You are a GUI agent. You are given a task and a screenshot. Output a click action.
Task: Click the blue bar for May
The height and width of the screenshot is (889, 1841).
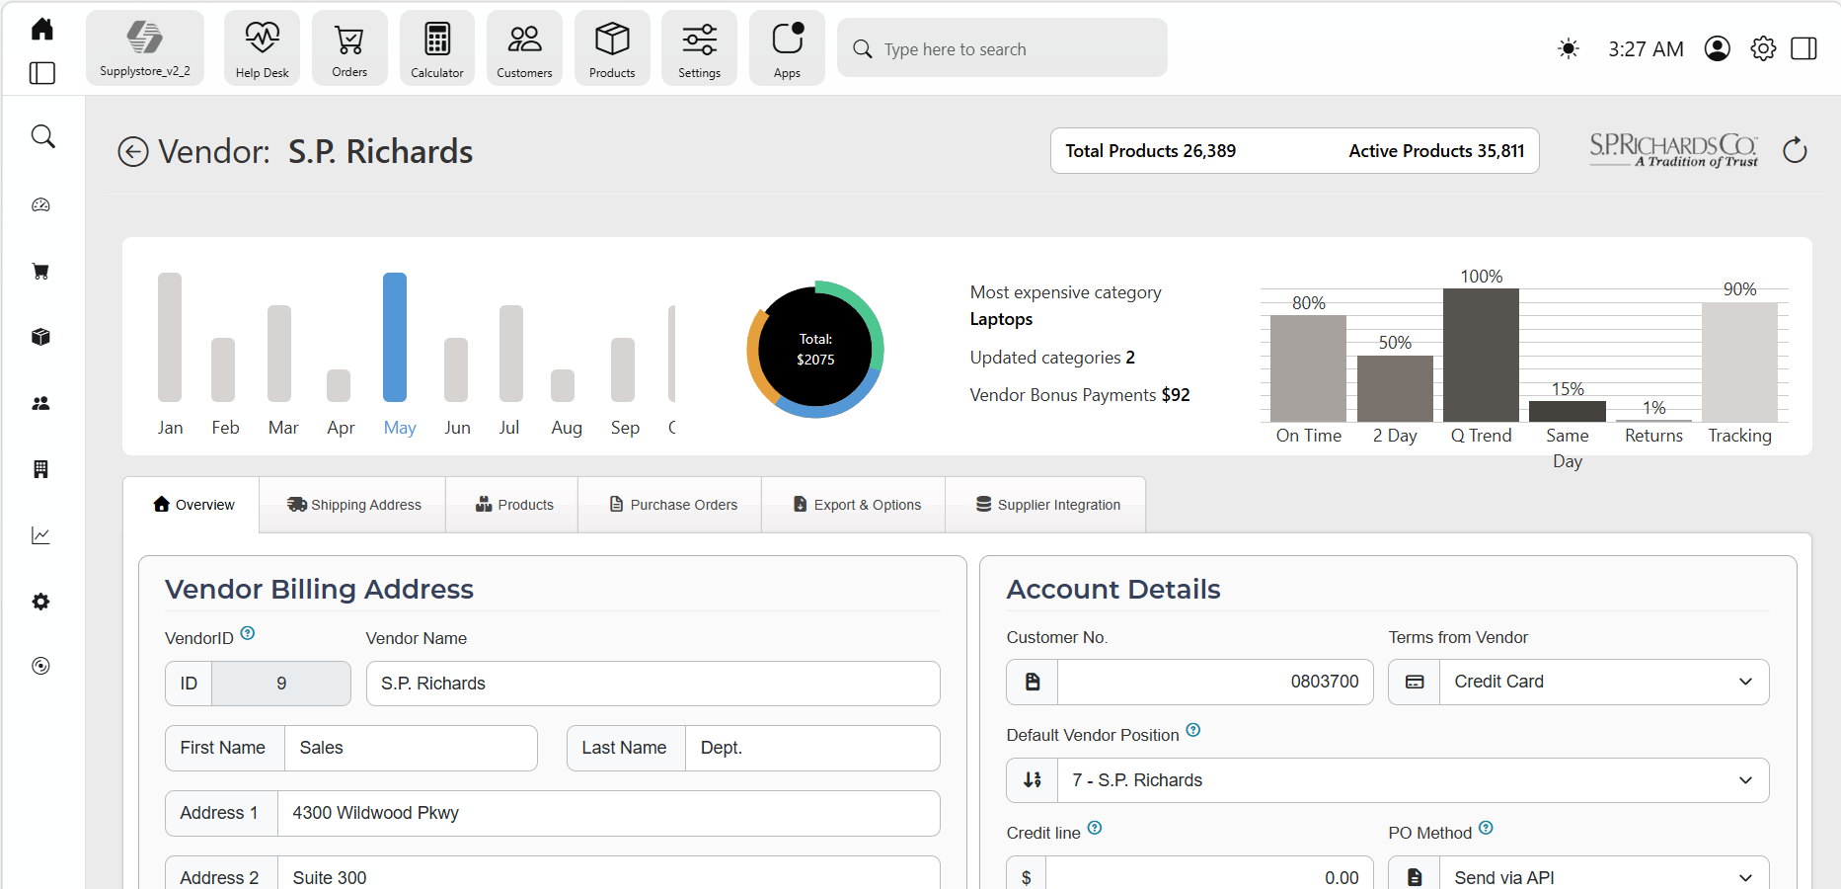click(x=395, y=337)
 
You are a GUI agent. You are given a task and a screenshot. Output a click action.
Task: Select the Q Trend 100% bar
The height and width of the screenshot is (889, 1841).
click(x=1481, y=355)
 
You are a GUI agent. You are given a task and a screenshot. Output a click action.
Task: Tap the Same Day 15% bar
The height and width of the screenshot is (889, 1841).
click(x=1568, y=411)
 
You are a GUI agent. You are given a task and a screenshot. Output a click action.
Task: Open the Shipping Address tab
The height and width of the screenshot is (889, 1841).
click(x=353, y=505)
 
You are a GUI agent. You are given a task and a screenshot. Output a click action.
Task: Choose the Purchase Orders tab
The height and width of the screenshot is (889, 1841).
click(x=673, y=505)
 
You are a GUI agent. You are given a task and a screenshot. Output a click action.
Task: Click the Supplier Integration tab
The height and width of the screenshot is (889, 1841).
click(x=1047, y=505)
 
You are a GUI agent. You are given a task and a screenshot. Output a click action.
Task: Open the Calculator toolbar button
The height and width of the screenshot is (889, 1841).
click(x=437, y=48)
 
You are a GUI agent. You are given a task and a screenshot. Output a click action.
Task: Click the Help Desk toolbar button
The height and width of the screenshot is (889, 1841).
click(x=263, y=48)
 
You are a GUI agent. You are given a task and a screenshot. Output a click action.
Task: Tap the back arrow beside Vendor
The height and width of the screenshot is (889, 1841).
click(x=133, y=152)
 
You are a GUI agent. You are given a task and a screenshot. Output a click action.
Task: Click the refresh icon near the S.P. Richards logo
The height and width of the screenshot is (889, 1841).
click(x=1795, y=150)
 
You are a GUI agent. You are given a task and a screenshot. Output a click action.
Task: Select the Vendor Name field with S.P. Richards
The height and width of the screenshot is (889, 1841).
click(x=652, y=684)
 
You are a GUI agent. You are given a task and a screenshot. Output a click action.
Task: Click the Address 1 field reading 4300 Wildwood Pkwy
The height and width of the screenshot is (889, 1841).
click(x=608, y=813)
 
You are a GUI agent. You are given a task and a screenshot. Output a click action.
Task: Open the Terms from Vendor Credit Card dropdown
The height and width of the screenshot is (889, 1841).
click(x=1578, y=682)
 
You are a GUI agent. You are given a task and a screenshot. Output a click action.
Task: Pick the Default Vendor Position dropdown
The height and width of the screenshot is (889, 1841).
click(x=1388, y=780)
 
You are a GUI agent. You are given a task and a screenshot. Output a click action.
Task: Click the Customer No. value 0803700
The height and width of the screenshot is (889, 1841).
click(x=1324, y=682)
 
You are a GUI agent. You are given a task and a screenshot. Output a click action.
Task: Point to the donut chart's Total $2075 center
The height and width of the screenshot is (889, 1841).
click(x=815, y=349)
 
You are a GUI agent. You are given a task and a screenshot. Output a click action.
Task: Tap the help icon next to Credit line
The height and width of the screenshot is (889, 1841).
click(x=1095, y=829)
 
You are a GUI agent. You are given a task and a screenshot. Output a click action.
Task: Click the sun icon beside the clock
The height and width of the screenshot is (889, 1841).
click(x=1568, y=48)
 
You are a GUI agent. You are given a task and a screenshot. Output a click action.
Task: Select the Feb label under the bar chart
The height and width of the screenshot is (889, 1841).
click(x=225, y=428)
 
